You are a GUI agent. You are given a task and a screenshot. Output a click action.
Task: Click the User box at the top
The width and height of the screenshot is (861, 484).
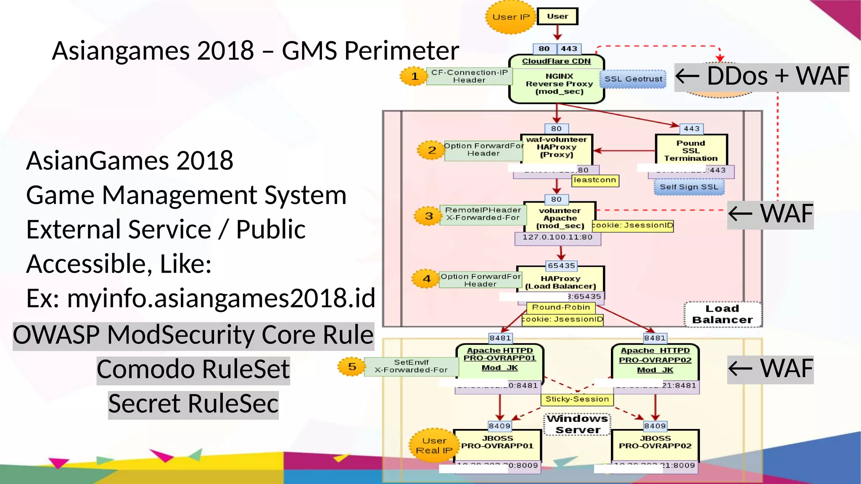pos(557,16)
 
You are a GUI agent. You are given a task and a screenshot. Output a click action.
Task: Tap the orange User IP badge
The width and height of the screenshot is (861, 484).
pos(510,17)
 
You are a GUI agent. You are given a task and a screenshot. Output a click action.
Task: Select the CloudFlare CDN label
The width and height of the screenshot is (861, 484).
pos(556,61)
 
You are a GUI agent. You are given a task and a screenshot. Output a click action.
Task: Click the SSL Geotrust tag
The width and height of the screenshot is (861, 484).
pos(633,79)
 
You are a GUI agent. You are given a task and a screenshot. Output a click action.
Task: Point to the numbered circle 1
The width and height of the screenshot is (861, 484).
pos(414,76)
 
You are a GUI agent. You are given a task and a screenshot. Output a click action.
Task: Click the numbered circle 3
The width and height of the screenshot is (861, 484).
pos(428,216)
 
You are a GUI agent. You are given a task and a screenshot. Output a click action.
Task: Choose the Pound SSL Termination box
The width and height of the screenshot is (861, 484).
pos(691,150)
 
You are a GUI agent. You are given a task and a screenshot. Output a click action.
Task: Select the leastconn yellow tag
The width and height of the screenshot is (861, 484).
pos(595,180)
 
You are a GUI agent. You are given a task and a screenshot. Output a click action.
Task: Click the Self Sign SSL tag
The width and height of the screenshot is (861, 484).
pos(689,187)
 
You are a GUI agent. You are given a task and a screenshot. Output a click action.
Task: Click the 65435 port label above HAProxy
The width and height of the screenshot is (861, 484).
pos(561,266)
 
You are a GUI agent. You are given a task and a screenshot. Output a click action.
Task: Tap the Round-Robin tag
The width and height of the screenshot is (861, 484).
pos(561,308)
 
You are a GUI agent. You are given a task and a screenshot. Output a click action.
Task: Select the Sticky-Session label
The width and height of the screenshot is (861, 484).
pos(577,399)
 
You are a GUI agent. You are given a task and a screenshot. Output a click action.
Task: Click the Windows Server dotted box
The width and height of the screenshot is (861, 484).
pos(577,424)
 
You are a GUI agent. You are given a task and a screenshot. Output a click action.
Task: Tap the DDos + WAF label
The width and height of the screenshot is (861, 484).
pos(761,77)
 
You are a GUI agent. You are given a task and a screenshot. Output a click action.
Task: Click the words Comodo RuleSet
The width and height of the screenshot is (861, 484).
pos(193,369)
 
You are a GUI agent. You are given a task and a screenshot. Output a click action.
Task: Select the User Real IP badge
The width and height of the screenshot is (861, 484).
pos(434,446)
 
